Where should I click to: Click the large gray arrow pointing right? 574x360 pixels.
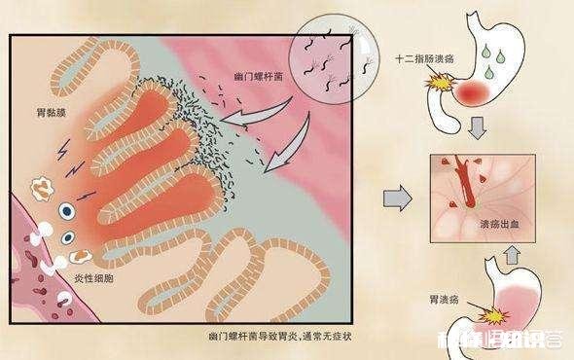click(x=393, y=198)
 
